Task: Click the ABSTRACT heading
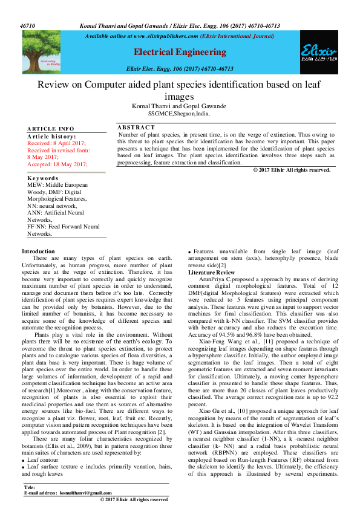coord(136,128)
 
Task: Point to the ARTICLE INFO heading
coord(51,129)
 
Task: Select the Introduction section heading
coord(38,251)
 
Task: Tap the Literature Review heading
coord(209,273)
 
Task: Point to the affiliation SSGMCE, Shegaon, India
coord(179,113)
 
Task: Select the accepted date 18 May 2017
coord(58,164)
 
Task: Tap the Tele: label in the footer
coord(29,487)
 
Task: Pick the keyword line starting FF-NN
coord(64,227)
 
